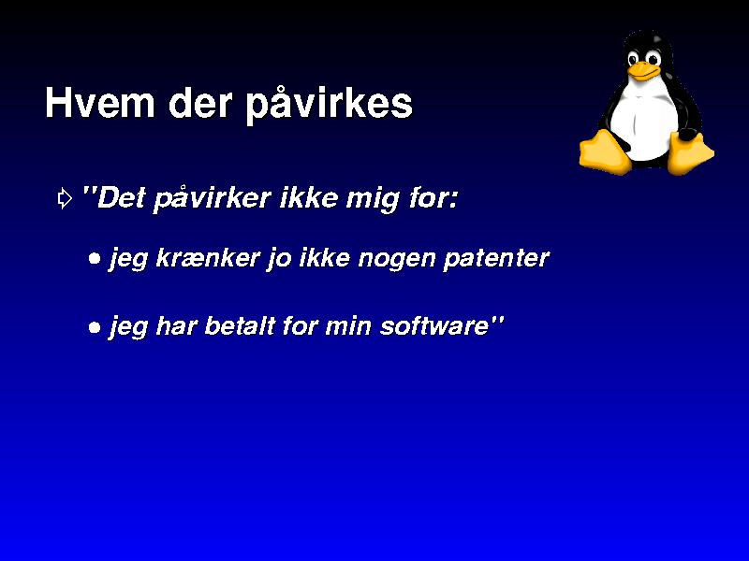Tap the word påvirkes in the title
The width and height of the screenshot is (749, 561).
(330, 104)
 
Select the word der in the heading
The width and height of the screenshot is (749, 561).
(200, 102)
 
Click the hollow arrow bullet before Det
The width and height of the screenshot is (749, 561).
(65, 198)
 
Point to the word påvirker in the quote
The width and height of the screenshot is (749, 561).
(213, 197)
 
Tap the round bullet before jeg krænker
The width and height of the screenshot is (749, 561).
(95, 259)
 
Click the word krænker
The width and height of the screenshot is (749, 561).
(208, 258)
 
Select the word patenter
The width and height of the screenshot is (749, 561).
(496, 259)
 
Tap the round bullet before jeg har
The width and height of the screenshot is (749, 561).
(95, 327)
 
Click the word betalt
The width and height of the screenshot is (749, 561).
(240, 325)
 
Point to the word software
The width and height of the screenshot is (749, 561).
(434, 325)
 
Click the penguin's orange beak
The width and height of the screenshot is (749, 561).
(643, 71)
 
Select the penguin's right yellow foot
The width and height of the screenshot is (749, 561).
(689, 152)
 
